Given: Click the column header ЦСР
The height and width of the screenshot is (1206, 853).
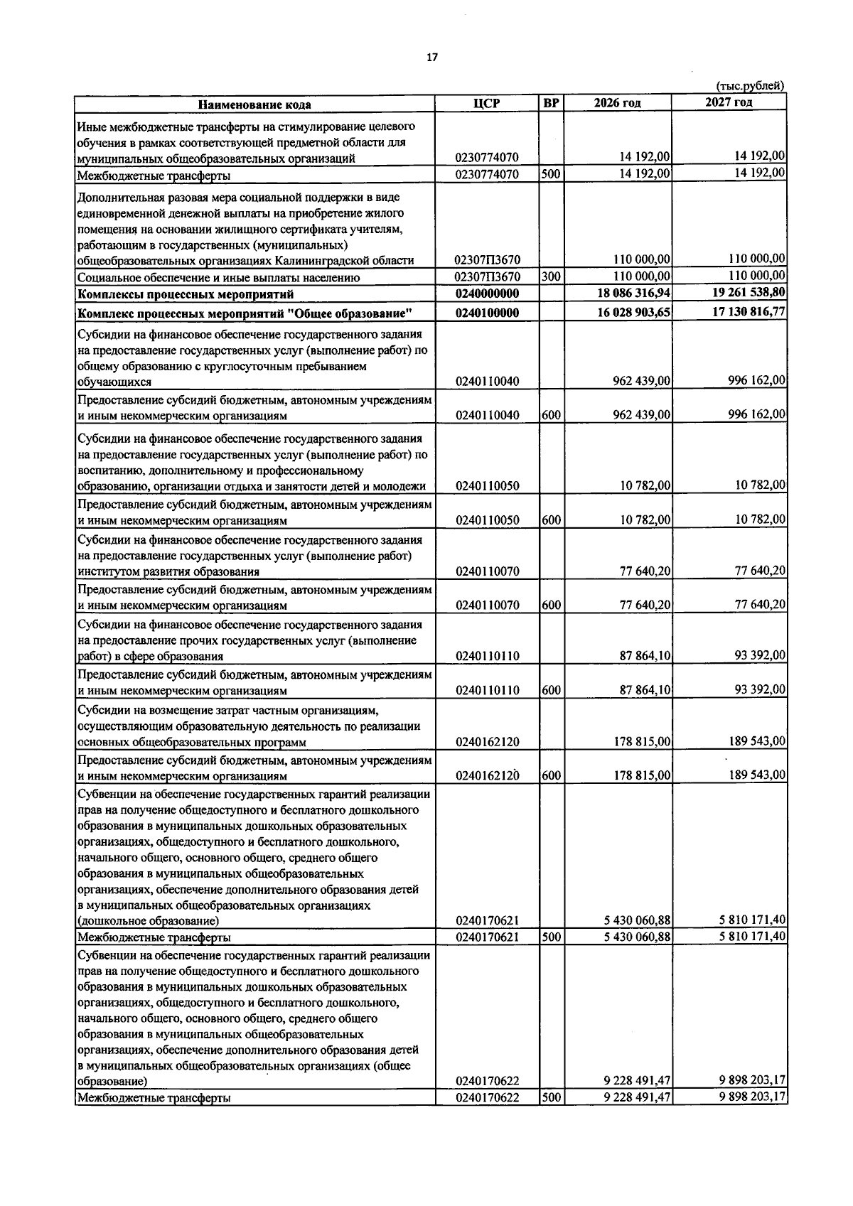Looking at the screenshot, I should (x=487, y=104).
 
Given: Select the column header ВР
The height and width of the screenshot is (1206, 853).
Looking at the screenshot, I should (x=551, y=104).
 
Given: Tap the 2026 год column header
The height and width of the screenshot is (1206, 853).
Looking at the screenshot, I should (x=617, y=104).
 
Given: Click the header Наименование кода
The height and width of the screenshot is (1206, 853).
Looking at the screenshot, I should (x=254, y=104).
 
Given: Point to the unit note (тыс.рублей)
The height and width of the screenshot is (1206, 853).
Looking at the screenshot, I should (x=750, y=86).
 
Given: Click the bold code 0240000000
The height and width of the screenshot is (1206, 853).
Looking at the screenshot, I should (x=487, y=294).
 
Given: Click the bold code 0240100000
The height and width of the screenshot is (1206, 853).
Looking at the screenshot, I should (x=487, y=313).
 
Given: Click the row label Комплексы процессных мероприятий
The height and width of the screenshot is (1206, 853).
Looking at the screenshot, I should (x=186, y=294).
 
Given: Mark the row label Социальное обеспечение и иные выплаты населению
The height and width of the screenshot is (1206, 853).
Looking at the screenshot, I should (x=218, y=278).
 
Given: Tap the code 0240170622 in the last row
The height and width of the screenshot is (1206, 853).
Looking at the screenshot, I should (x=487, y=1118).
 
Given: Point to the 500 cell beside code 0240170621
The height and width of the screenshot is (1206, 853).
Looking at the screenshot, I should (x=551, y=937).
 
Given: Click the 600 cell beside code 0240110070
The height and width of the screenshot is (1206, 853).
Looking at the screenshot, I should (x=551, y=605).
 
